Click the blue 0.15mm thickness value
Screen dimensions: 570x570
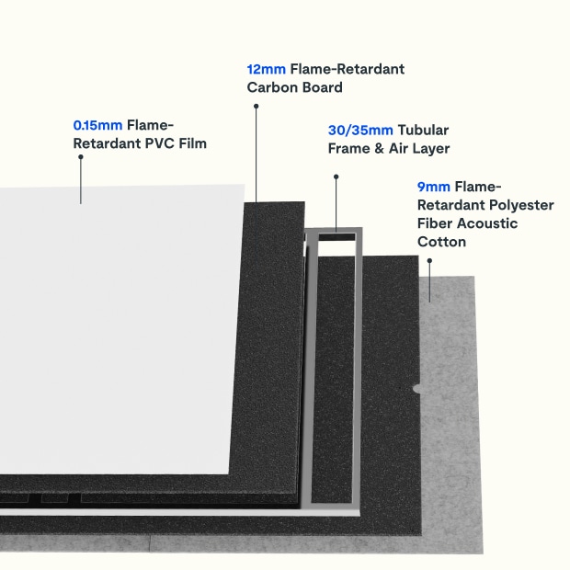[x=97, y=124]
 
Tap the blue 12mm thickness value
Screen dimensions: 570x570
[x=267, y=69]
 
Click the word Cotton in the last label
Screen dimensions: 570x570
[x=441, y=242]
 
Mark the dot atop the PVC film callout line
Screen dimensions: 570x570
[x=81, y=157]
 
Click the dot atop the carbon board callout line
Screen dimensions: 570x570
[x=256, y=106]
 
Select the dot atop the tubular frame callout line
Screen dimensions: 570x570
[x=336, y=176]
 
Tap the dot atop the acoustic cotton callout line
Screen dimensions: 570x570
[x=429, y=260]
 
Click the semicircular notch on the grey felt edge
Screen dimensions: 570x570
[x=417, y=389]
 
